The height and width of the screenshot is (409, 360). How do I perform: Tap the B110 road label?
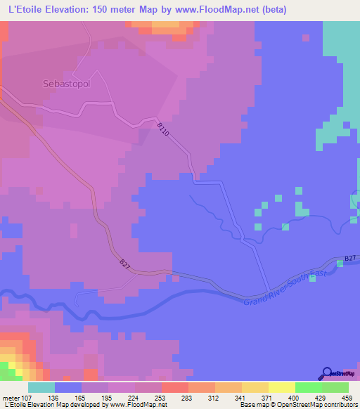[163, 129]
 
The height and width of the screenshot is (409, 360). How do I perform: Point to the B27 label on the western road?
[124, 264]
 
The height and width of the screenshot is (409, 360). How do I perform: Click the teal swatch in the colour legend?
[41, 387]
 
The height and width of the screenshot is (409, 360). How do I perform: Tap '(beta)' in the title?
[271, 9]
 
